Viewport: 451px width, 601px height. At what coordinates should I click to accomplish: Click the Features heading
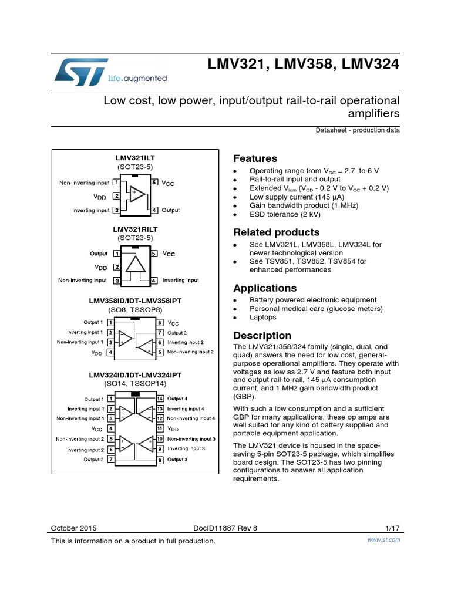(255, 158)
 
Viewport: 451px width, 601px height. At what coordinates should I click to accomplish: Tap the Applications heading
(265, 288)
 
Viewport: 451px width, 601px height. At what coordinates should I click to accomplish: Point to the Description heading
(262, 336)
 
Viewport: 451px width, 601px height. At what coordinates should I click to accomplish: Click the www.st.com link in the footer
(383, 540)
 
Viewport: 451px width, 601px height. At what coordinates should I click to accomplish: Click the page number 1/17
(392, 528)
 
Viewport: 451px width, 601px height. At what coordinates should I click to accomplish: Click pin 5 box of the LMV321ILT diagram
(154, 183)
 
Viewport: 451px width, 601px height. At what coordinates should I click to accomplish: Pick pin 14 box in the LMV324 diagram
(159, 399)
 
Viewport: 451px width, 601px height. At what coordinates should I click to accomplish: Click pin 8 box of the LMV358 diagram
(159, 323)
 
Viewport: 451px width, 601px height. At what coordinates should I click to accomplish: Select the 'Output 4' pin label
(177, 399)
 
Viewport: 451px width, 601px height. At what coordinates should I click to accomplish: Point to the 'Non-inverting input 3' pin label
(191, 438)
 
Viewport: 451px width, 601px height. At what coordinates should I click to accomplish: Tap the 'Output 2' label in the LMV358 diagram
(177, 332)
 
